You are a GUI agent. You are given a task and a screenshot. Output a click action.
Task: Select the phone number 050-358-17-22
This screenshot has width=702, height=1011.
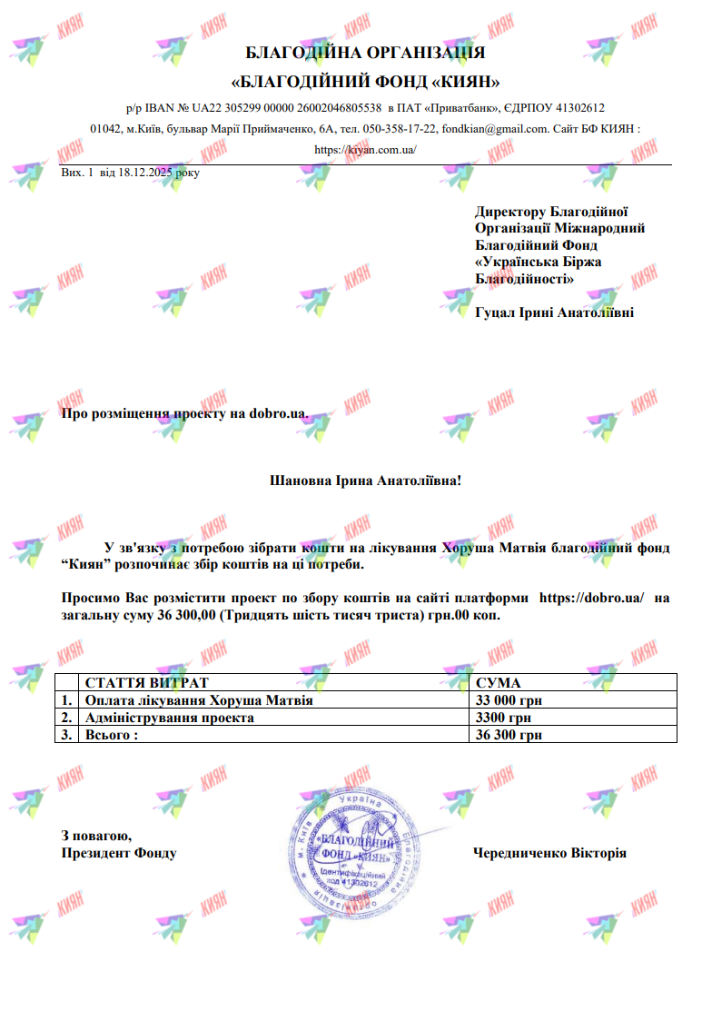click(400, 129)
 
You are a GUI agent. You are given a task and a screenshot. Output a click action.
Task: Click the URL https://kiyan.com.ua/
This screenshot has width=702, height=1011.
click(365, 150)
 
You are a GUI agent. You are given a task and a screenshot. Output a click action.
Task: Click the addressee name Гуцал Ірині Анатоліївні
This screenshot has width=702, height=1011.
click(554, 313)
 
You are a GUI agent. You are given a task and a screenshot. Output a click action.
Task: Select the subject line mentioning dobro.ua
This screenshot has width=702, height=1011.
click(184, 414)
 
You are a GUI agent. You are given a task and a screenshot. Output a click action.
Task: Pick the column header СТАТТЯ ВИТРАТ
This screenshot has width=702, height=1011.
click(146, 683)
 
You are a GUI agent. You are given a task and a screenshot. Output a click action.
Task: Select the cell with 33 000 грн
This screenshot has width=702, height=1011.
click(509, 700)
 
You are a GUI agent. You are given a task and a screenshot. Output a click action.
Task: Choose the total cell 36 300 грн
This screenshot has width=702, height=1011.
click(509, 735)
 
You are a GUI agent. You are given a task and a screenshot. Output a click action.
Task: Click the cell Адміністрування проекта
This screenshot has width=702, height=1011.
click(169, 718)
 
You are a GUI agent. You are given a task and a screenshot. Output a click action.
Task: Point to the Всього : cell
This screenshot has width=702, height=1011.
click(112, 735)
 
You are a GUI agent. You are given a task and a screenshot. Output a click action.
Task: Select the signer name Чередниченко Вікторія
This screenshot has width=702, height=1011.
click(549, 853)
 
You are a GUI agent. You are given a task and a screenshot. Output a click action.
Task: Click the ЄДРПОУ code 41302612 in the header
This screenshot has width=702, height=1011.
click(580, 107)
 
